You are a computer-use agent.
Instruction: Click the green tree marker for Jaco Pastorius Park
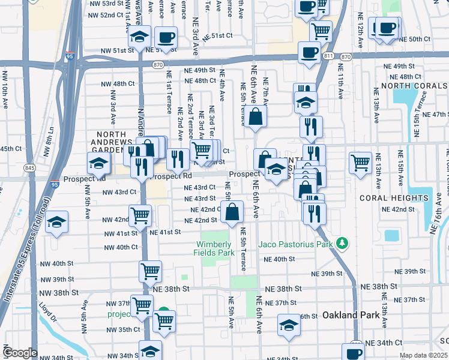click(x=342, y=243)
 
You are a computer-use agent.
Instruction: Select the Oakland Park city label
click(x=349, y=314)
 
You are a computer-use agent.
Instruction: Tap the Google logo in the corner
click(x=20, y=353)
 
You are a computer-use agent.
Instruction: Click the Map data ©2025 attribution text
click(x=423, y=355)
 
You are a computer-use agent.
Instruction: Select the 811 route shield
click(x=328, y=56)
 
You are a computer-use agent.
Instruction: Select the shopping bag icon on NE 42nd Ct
click(x=232, y=212)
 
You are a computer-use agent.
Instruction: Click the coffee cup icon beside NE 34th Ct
click(x=353, y=352)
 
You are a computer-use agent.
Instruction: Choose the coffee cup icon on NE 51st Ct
click(x=166, y=37)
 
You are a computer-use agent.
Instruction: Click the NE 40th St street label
click(x=279, y=259)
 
